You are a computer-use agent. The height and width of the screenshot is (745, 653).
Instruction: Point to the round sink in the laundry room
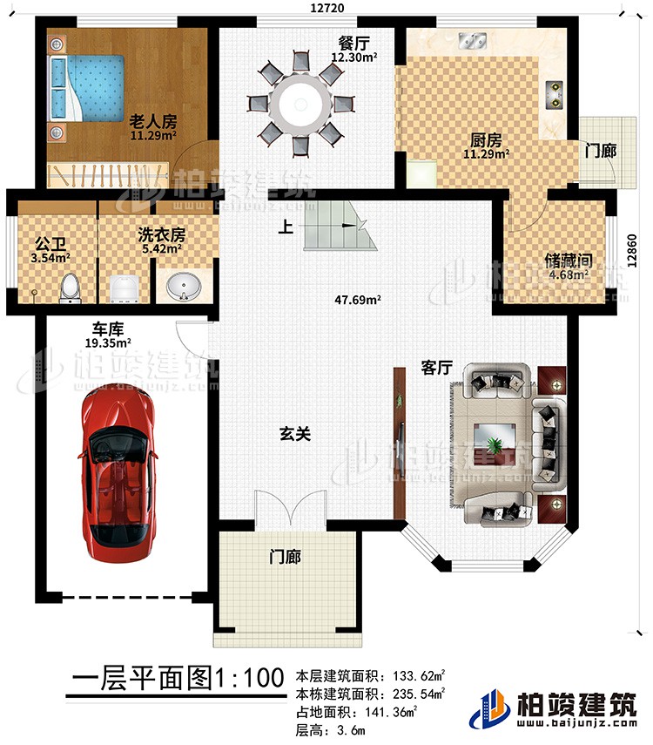coord(183,286)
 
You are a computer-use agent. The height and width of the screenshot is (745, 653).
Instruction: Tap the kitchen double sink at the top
coord(473,38)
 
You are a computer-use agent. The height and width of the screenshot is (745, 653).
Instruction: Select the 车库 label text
coord(108,330)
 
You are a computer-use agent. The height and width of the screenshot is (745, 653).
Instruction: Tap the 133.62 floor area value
coord(419,675)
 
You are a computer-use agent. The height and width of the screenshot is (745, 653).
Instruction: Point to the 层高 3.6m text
coord(332,728)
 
